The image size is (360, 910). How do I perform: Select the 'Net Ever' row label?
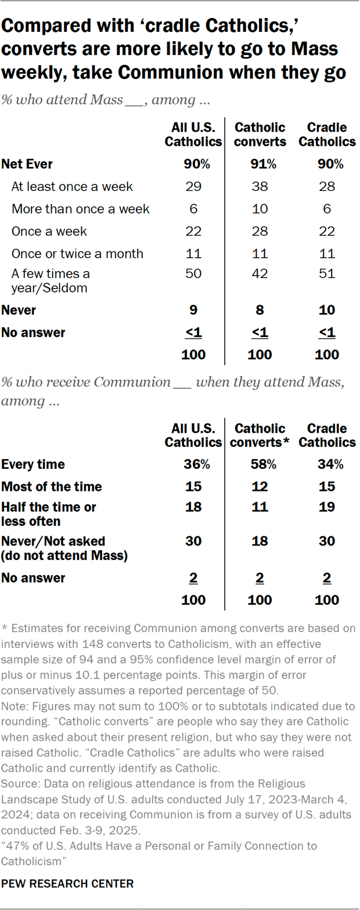coord(27,164)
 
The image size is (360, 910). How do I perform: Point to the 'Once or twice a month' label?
coord(77,254)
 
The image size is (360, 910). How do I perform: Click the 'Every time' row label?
coord(33,464)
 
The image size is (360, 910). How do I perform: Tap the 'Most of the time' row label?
coord(52,486)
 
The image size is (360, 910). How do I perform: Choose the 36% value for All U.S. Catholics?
coord(193,464)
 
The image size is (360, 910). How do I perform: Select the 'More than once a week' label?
coord(81,209)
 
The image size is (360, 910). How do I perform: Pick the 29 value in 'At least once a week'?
coord(193,186)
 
